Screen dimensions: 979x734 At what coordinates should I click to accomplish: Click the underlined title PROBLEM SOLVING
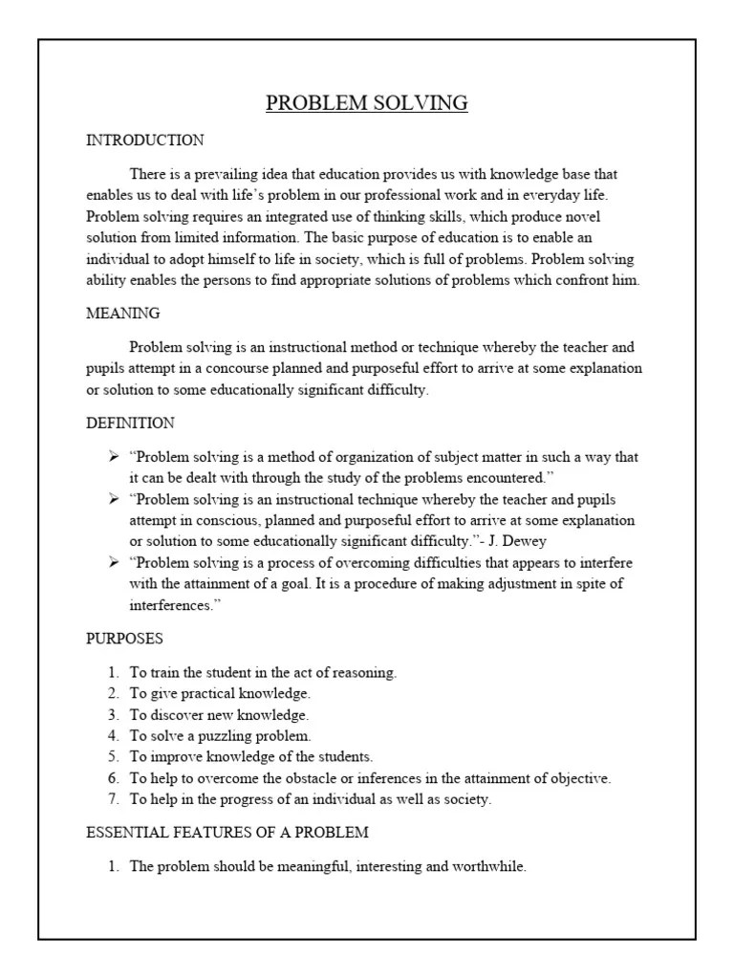(x=367, y=103)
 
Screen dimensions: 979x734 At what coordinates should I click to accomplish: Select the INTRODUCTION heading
(x=144, y=141)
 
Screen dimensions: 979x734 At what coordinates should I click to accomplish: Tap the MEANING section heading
(x=123, y=314)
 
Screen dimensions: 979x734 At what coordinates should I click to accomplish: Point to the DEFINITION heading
(x=130, y=423)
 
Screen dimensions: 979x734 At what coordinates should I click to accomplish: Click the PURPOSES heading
(x=124, y=638)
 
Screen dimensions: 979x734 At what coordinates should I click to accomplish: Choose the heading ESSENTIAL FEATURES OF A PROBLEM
(x=227, y=833)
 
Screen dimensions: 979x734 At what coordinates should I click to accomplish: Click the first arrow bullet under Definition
(x=114, y=457)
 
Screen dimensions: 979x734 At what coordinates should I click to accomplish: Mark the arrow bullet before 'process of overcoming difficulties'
(x=114, y=562)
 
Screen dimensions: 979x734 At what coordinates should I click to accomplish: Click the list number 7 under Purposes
(x=112, y=799)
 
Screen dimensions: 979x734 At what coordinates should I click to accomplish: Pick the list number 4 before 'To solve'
(x=112, y=736)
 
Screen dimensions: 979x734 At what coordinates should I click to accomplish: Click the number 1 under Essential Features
(x=112, y=867)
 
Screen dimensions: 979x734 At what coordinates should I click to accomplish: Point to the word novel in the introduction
(x=581, y=217)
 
